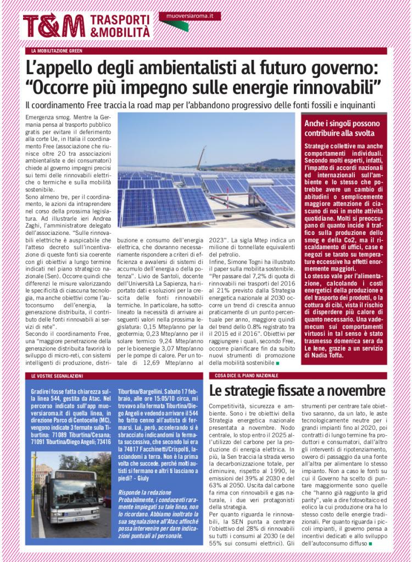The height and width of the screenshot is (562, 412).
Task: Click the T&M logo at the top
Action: [54, 25]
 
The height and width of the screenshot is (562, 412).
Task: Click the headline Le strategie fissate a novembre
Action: [297, 391]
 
